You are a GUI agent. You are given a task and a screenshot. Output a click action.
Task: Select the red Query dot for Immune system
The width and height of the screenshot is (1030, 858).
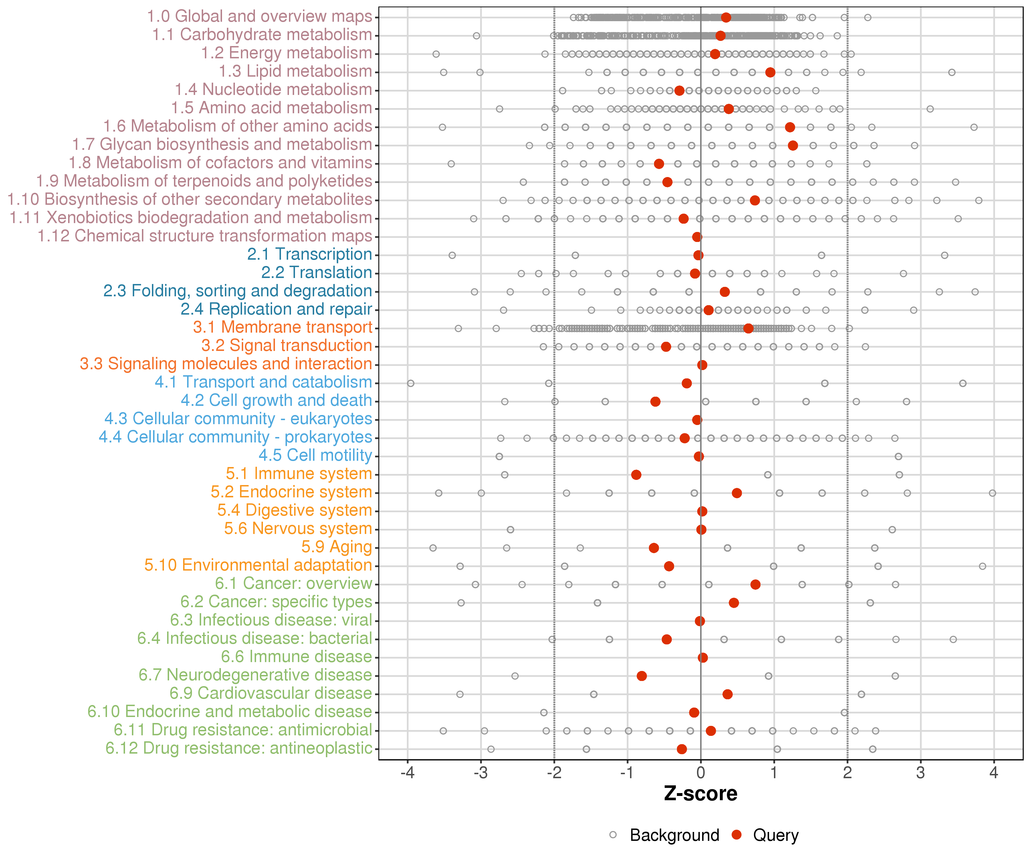(x=636, y=474)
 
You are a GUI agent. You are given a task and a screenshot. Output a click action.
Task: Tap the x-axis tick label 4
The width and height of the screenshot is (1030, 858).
(x=994, y=773)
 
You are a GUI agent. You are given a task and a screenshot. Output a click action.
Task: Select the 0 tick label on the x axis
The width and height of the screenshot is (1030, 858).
(x=700, y=773)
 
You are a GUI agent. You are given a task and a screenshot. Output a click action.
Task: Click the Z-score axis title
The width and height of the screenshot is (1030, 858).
(x=700, y=794)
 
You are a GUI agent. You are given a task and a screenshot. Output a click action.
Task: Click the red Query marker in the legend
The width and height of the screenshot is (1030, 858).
(x=736, y=835)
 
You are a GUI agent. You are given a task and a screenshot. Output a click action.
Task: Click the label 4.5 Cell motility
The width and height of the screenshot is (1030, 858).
(x=315, y=456)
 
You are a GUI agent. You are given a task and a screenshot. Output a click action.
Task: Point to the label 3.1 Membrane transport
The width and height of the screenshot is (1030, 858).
(x=282, y=327)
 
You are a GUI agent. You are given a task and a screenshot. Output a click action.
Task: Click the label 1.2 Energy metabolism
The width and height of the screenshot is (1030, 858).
(x=286, y=53)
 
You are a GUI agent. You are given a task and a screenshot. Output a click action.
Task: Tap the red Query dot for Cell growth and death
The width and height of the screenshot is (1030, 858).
(x=655, y=402)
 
